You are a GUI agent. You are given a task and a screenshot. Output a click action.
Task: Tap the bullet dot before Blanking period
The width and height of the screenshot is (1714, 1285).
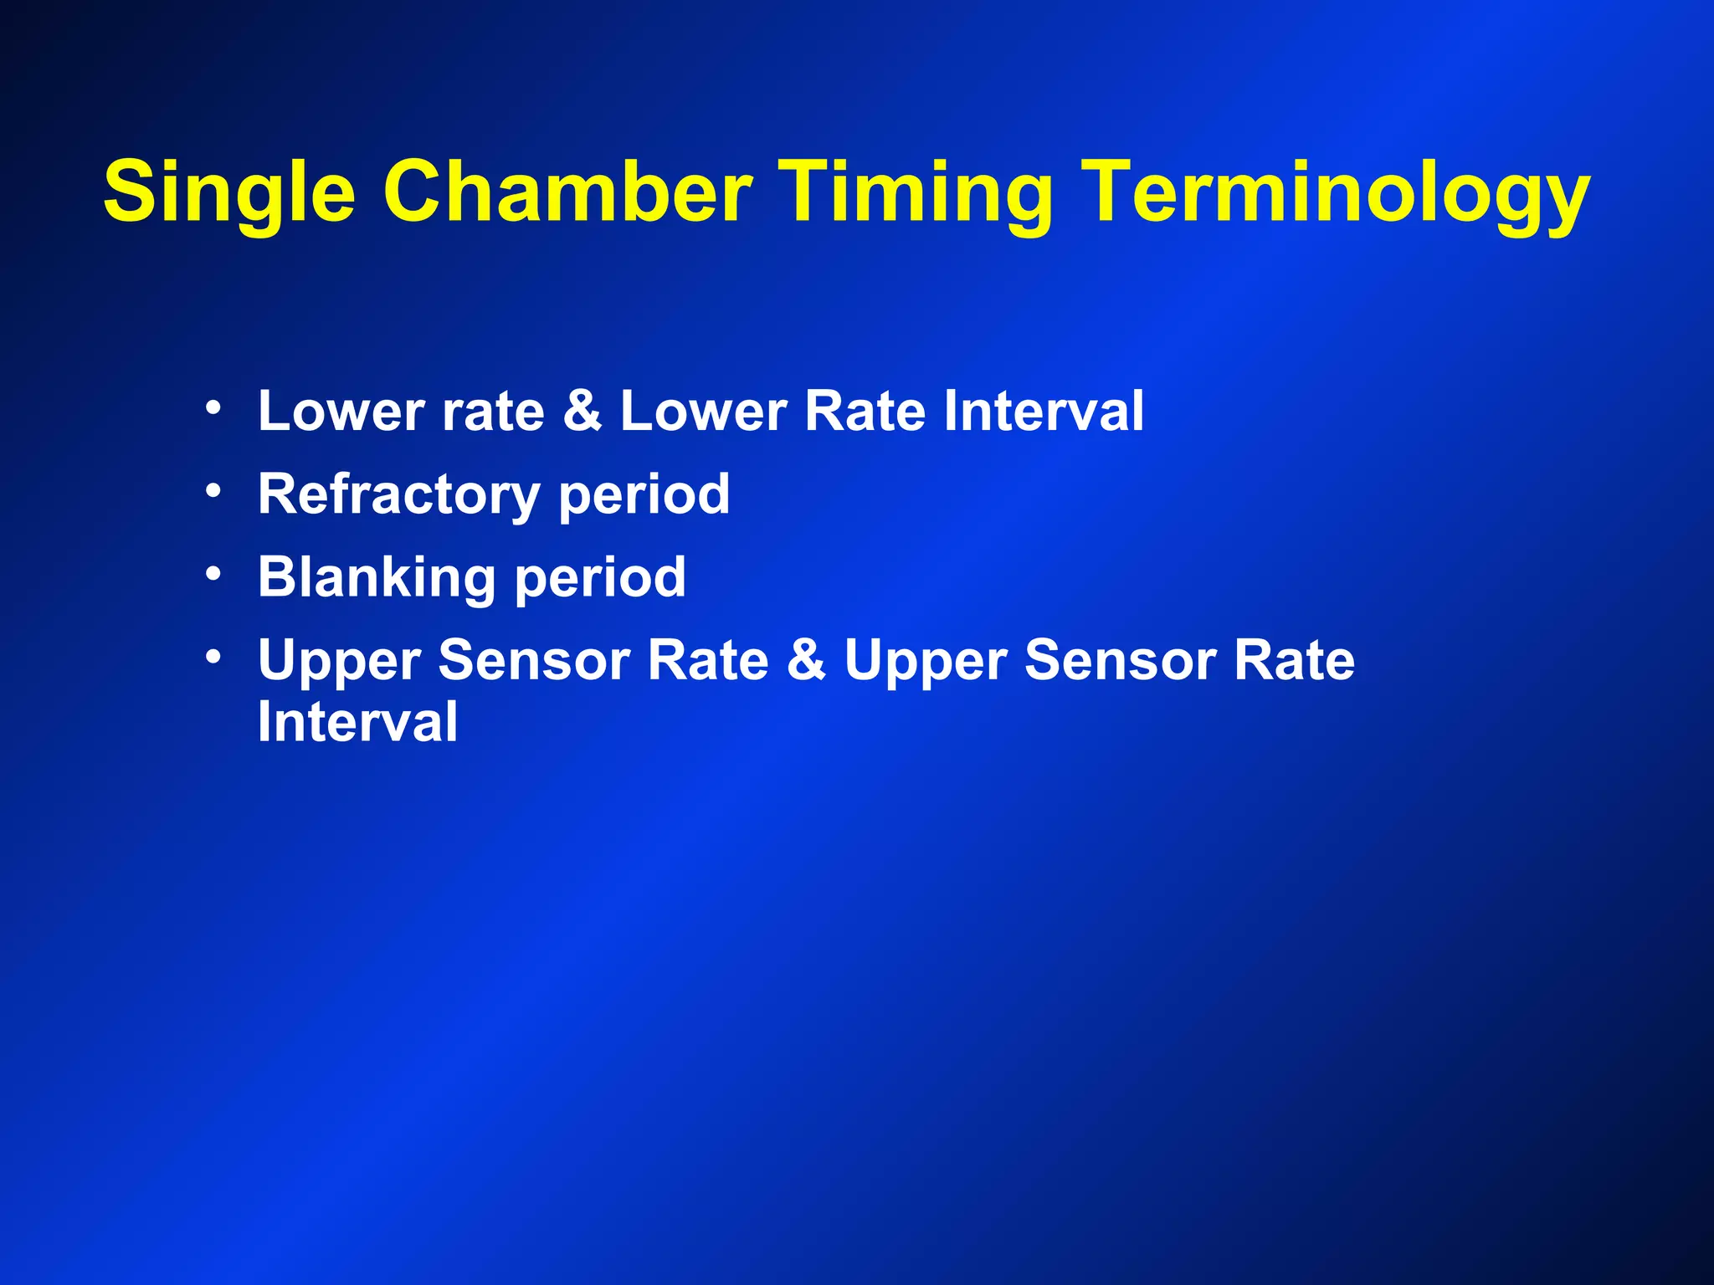point(213,573)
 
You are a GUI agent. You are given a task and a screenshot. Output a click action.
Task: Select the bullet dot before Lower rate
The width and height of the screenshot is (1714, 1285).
point(213,407)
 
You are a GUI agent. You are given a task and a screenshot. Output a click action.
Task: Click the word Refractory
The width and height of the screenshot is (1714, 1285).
point(398,494)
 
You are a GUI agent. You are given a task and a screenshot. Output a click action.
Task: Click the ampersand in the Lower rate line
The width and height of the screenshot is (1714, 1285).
point(582,411)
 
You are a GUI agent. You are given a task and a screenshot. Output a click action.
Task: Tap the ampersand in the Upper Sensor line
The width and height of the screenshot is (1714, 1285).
point(806,660)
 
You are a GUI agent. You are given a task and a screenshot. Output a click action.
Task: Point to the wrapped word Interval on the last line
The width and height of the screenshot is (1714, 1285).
point(357,721)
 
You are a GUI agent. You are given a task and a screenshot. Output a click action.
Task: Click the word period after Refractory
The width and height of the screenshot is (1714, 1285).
point(644,494)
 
